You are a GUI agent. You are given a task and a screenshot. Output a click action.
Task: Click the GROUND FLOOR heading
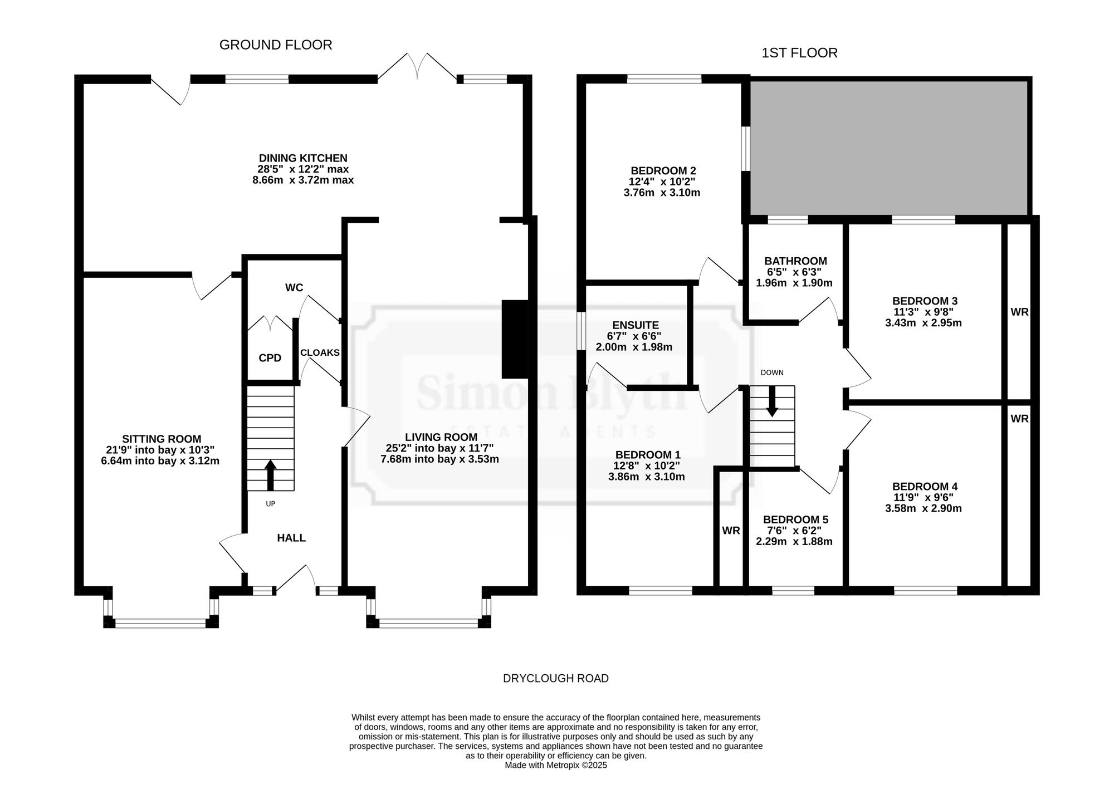coord(276,45)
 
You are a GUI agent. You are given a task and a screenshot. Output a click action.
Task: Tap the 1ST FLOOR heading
coord(799,53)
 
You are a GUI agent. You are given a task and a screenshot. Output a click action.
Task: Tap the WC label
coord(294,288)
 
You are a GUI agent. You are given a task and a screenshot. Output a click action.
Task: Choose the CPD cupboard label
coord(270,358)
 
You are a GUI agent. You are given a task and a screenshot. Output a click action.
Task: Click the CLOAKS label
coord(320,352)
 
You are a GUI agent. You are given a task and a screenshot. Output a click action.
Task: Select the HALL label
coord(291,538)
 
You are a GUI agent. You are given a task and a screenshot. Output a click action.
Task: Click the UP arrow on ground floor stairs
coord(270,475)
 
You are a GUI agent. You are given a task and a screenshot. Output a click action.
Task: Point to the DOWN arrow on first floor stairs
coord(772,401)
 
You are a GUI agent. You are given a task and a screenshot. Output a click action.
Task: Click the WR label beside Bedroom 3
coord(1019,312)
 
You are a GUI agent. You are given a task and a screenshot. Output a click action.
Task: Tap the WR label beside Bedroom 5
coord(731,531)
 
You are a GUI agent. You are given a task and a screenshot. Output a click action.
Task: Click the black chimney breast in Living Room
coord(515,340)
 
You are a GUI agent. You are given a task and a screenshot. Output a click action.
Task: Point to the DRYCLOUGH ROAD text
coord(556,679)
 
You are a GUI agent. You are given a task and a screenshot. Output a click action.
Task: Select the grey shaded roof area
coord(888,148)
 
